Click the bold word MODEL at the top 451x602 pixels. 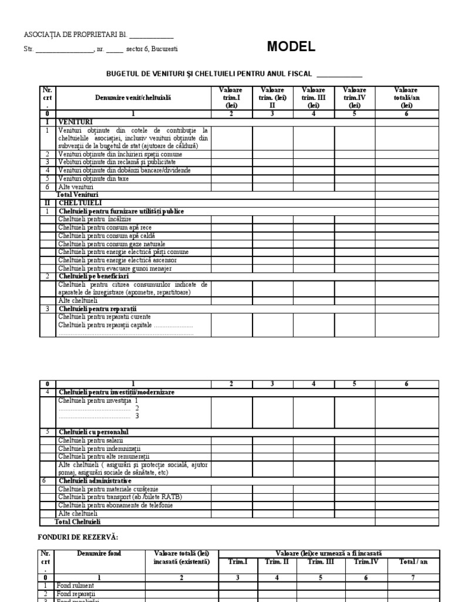[x=291, y=48]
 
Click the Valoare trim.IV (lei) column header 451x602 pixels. [x=354, y=97]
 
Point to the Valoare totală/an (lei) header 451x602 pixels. [x=406, y=97]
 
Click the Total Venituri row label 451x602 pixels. [x=77, y=194]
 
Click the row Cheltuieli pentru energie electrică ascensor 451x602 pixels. [x=117, y=260]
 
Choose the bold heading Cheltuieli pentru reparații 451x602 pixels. [x=97, y=308]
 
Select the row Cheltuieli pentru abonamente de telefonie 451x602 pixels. [x=116, y=505]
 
